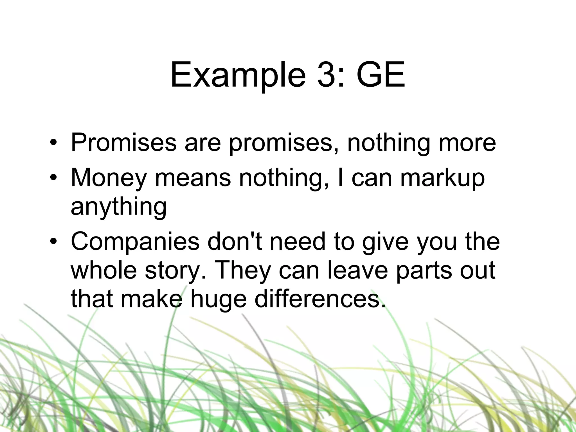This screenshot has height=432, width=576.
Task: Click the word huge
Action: point(218,300)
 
